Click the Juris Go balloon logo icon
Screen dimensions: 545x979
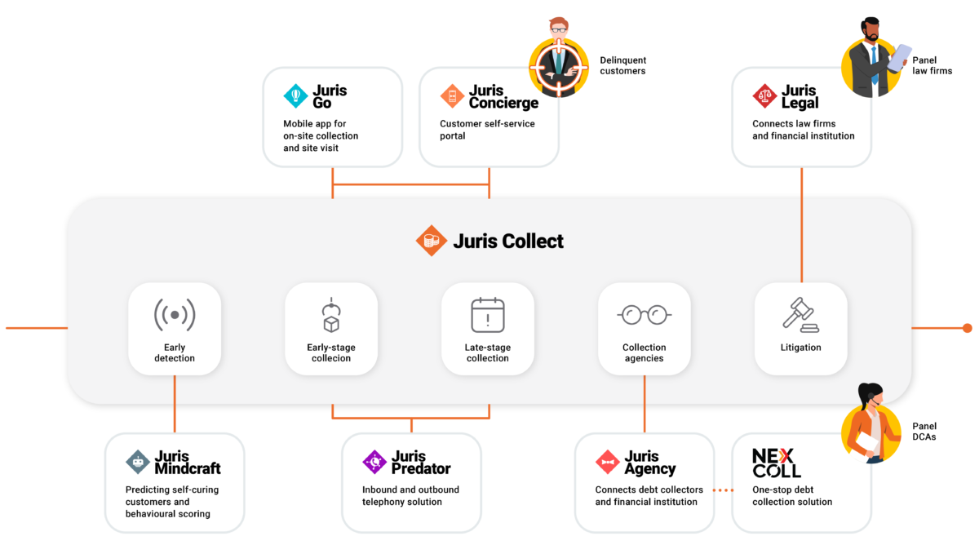[295, 95]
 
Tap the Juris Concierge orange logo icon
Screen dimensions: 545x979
[452, 95]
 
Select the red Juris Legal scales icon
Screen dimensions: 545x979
[764, 95]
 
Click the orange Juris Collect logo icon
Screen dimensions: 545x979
[430, 241]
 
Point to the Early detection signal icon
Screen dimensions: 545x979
[175, 315]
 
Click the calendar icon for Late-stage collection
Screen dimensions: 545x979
[488, 315]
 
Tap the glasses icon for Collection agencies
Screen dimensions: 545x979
[645, 314]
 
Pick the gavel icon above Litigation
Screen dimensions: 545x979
[800, 314]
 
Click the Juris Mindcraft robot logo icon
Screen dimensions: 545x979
[138, 462]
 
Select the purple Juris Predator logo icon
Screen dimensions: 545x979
[374, 462]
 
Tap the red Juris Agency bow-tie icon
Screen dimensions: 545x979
[608, 462]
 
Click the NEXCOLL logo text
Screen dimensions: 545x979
[776, 463]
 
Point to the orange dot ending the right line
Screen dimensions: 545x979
[967, 328]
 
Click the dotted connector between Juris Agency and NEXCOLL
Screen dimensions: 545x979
[723, 490]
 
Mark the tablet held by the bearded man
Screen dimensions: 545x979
[900, 57]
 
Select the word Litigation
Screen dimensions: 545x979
[800, 348]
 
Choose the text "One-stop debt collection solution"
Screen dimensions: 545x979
[792, 496]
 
